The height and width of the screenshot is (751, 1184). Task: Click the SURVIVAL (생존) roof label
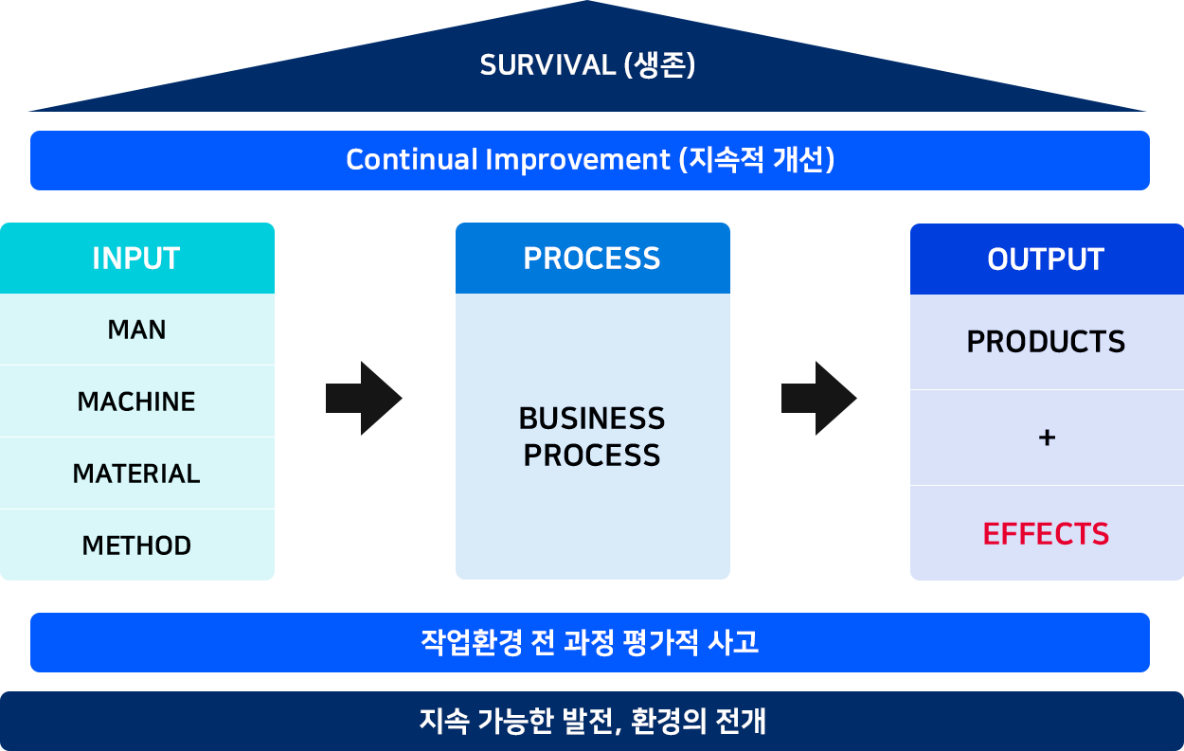tap(587, 65)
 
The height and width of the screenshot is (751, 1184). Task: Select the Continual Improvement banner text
tap(590, 160)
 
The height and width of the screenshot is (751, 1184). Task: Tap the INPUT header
tap(136, 259)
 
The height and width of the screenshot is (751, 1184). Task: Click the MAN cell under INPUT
tap(136, 330)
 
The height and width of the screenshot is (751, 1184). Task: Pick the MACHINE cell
tap(136, 402)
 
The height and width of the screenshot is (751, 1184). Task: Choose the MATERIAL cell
tap(136, 474)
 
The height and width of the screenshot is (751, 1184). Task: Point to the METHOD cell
tap(136, 545)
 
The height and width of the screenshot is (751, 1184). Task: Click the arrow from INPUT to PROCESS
tap(364, 399)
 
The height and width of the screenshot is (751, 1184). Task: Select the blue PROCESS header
tap(593, 259)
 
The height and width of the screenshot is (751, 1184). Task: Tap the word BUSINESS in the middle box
tap(592, 419)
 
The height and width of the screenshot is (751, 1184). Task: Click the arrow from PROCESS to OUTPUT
tap(818, 399)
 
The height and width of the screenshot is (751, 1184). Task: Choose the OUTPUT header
tap(1047, 259)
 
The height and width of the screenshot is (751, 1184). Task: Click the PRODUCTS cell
tap(1047, 342)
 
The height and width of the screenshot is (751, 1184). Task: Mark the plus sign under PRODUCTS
tap(1047, 438)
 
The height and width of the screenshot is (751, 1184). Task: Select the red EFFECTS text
tap(1046, 534)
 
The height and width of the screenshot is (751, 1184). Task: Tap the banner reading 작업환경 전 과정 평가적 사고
tap(590, 643)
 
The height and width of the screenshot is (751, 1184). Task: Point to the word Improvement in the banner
tap(578, 160)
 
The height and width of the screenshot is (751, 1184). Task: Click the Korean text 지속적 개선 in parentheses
tap(757, 160)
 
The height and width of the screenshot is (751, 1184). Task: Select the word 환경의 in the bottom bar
tap(669, 721)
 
